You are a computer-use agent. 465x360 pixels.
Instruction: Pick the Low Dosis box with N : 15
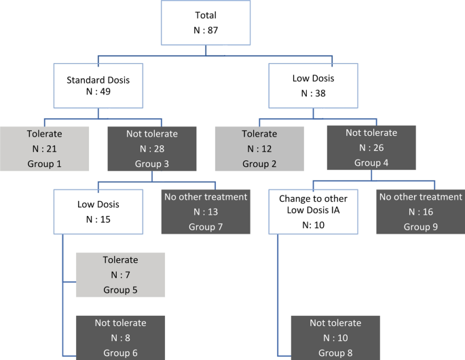pyautogui.click(x=99, y=211)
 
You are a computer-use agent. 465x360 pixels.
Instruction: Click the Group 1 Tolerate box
pyautogui.click(x=44, y=148)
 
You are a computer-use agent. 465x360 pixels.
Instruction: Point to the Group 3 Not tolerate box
pyautogui.click(x=152, y=148)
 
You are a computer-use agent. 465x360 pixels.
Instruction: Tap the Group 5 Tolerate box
pyautogui.click(x=120, y=274)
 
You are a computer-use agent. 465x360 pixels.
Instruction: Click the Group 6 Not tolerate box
pyautogui.click(x=120, y=337)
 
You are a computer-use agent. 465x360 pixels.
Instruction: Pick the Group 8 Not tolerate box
pyautogui.click(x=335, y=337)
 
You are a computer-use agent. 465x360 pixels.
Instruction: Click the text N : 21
pyautogui.click(x=44, y=149)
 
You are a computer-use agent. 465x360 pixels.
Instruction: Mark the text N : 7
pyautogui.click(x=120, y=275)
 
